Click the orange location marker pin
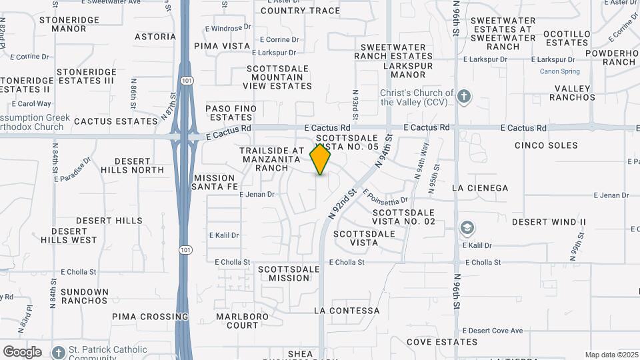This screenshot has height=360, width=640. pyautogui.click(x=321, y=159)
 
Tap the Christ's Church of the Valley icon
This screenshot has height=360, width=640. pyautogui.click(x=464, y=97)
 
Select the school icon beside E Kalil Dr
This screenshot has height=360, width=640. pyautogui.click(x=467, y=229)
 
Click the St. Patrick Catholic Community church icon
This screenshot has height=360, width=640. pyautogui.click(x=59, y=351)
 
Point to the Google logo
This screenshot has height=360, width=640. pyautogui.click(x=22, y=352)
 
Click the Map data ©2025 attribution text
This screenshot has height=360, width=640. pyautogui.click(x=611, y=355)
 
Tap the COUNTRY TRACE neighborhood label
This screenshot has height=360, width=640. pyautogui.click(x=300, y=11)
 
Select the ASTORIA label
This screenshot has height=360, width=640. pyautogui.click(x=155, y=37)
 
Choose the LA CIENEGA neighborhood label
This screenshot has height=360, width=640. pyautogui.click(x=480, y=188)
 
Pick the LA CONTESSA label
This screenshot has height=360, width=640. pyautogui.click(x=347, y=311)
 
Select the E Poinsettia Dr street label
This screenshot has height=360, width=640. pyautogui.click(x=386, y=197)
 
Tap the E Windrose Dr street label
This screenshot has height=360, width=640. pyautogui.click(x=228, y=28)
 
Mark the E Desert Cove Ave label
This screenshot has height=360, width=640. pyautogui.click(x=493, y=331)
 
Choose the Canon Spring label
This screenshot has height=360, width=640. pyautogui.click(x=559, y=71)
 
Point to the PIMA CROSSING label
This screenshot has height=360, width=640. pyautogui.click(x=150, y=317)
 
